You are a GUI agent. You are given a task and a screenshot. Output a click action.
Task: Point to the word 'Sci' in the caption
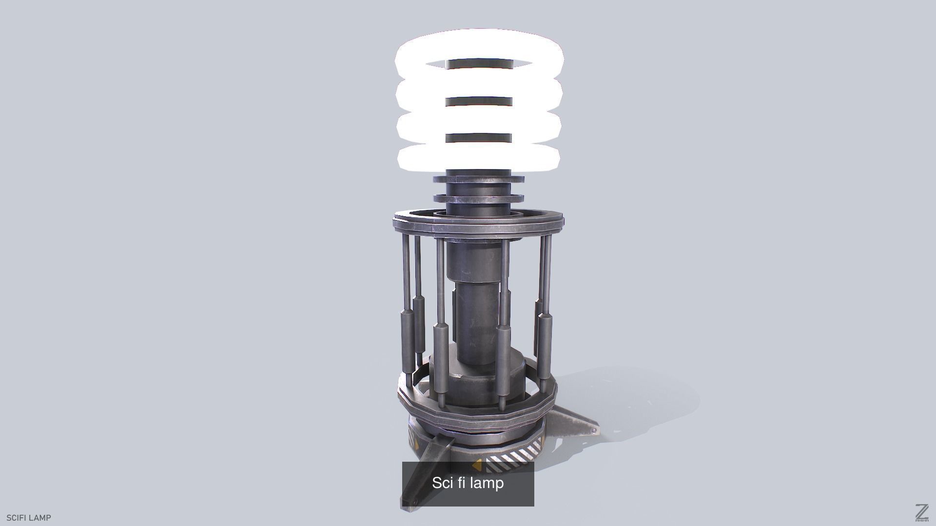tap(443, 483)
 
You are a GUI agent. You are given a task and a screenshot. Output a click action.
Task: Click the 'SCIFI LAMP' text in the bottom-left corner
tap(28, 518)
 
